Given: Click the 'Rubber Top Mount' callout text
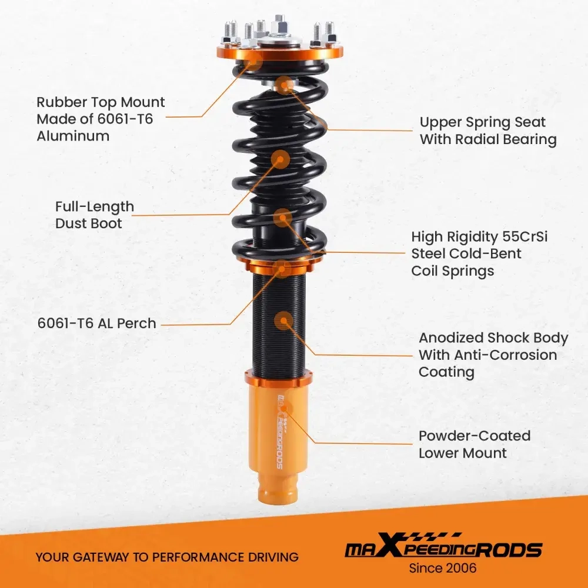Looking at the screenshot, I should tap(101, 102).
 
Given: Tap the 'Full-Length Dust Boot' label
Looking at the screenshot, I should tap(94, 215).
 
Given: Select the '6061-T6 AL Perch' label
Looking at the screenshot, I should tap(96, 323).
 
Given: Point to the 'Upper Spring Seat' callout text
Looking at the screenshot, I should tap(483, 122).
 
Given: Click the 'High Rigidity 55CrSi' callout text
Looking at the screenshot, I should tap(480, 237).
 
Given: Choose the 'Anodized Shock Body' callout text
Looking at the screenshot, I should tap(493, 338).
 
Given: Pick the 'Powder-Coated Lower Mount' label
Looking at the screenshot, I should tap(475, 445).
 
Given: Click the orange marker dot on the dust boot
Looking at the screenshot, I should tap(280, 158).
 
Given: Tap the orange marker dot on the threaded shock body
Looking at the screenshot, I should tap(283, 320).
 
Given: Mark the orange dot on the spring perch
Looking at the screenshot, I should tap(281, 269).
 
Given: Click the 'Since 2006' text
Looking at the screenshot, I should tap(443, 568).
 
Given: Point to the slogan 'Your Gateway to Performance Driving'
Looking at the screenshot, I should tap(167, 557).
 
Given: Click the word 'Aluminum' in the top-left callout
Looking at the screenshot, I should tap(73, 136).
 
